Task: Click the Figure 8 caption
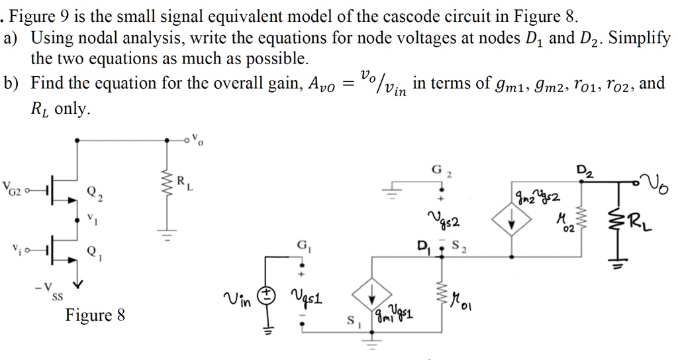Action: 95,315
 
